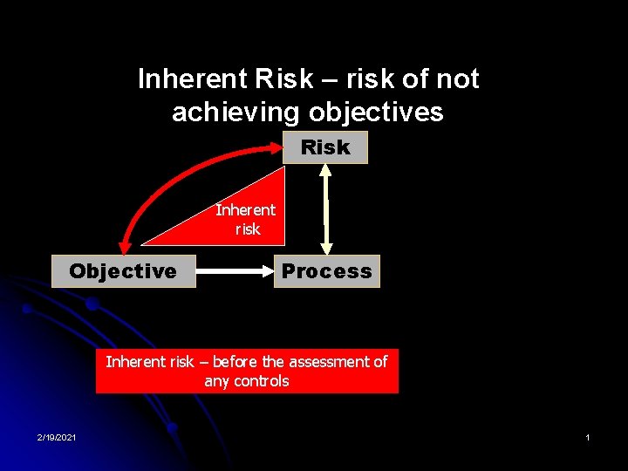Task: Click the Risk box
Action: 325,147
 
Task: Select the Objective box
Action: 123,271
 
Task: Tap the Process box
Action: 326,271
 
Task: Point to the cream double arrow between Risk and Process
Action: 326,209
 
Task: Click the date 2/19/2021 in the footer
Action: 56,436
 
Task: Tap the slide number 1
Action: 588,436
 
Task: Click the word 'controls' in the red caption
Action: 260,381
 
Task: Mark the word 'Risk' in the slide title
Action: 283,79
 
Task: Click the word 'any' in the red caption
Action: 216,381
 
